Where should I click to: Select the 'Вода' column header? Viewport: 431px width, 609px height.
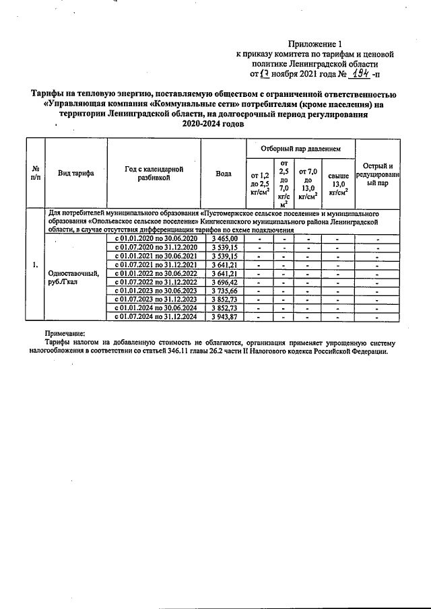[224, 173]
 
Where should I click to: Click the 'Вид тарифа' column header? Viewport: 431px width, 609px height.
[75, 173]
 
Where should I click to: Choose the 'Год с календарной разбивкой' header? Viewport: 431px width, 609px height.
[154, 174]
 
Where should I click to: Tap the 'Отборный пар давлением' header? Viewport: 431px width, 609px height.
[300, 147]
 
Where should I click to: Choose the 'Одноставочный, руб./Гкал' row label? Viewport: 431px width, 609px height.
[74, 277]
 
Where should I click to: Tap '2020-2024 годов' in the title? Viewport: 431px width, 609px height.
[215, 124]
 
